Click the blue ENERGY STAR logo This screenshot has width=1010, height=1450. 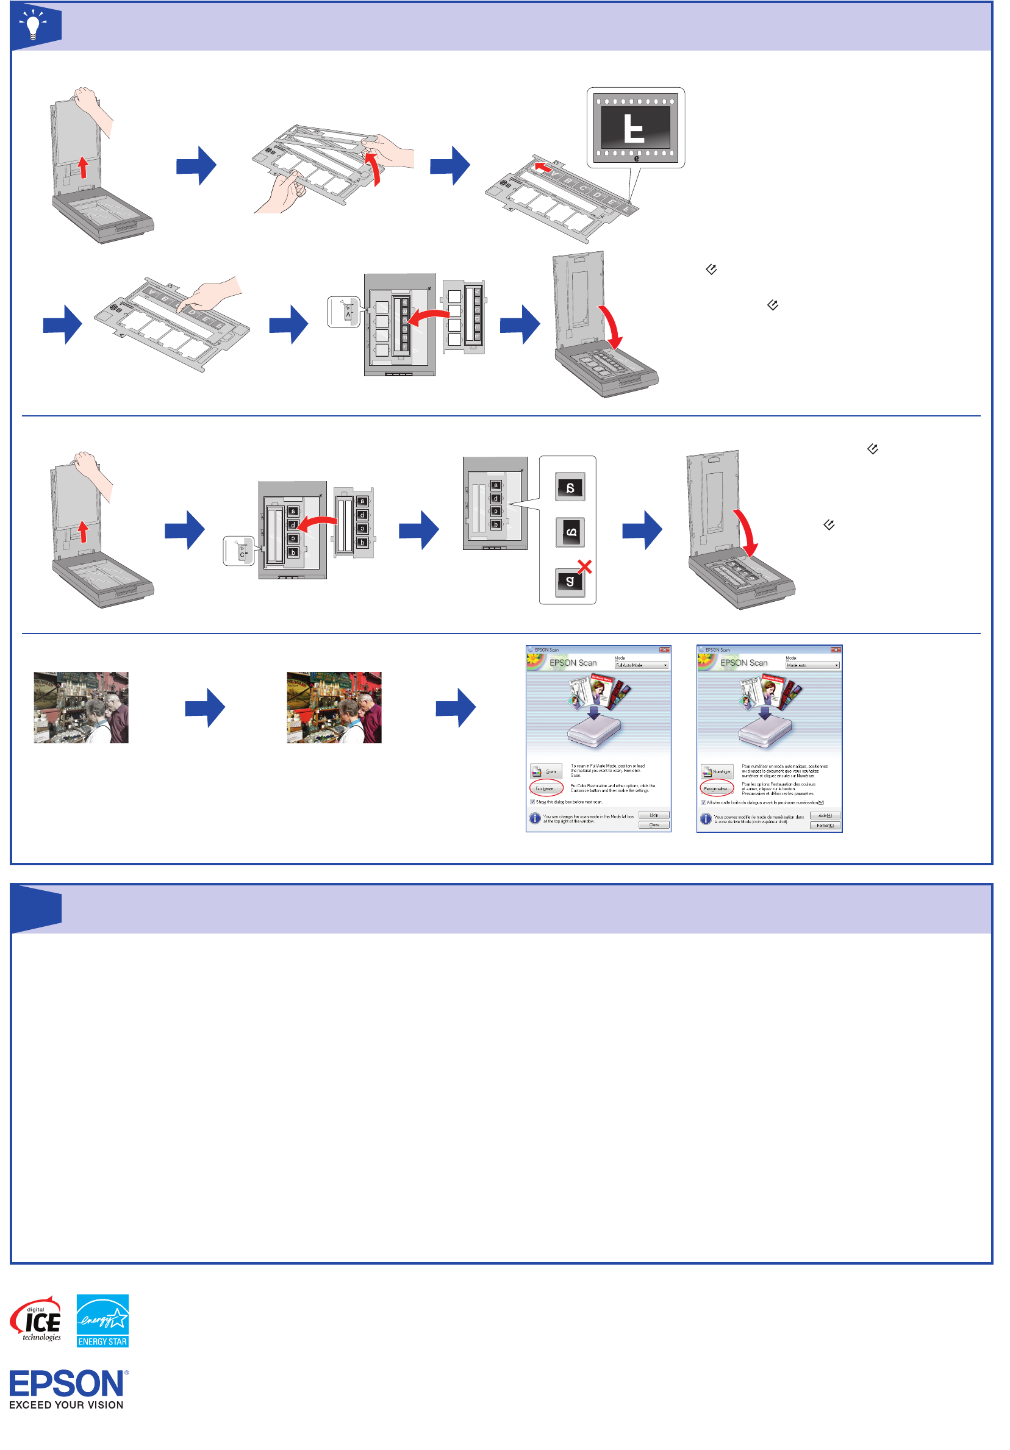pyautogui.click(x=102, y=1321)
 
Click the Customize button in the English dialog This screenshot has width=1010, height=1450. pyautogui.click(x=546, y=788)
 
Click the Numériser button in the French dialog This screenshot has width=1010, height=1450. pyautogui.click(x=717, y=771)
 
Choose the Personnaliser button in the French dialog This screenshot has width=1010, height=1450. pyautogui.click(x=716, y=788)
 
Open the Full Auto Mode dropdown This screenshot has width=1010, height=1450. pyautogui.click(x=641, y=665)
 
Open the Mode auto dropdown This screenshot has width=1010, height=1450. pyautogui.click(x=812, y=665)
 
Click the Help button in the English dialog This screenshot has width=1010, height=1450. pyautogui.click(x=654, y=815)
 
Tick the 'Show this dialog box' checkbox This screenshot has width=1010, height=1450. pyautogui.click(x=532, y=802)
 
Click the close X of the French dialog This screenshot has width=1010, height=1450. pyautogui.click(x=835, y=650)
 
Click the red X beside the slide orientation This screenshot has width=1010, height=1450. pyautogui.click(x=585, y=566)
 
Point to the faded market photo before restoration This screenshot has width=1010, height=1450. pyautogui.click(x=81, y=707)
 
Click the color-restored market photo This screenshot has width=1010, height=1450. pyautogui.click(x=334, y=707)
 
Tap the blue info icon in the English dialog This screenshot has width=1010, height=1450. pyautogui.click(x=535, y=818)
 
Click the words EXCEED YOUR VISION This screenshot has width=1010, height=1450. pyautogui.click(x=66, y=1405)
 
